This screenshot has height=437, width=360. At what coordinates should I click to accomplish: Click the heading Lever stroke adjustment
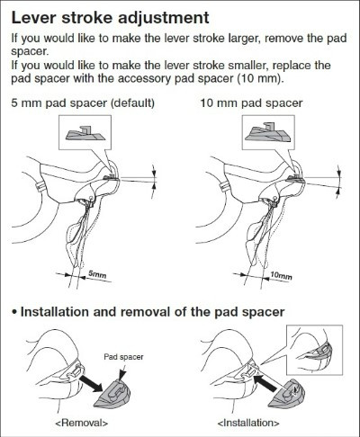pos(110,18)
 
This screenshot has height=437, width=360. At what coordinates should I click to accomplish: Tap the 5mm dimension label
pos(97,274)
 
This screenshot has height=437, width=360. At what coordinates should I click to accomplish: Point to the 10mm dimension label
pos(281,275)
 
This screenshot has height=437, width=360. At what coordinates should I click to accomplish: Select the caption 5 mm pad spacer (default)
pos(83,103)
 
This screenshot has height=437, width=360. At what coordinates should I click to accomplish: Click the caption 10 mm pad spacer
pos(251,103)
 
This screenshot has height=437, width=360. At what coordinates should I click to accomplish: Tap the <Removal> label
pos(82,423)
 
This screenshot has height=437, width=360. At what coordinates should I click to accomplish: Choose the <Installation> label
pos(248,423)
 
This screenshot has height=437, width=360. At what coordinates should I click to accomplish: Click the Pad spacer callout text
pos(123,357)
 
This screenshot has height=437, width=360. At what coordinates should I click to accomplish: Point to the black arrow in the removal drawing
pos(91,383)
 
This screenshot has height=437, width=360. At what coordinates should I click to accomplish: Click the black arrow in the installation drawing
pos(265,382)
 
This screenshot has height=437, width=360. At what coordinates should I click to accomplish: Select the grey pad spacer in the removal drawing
pos(112,393)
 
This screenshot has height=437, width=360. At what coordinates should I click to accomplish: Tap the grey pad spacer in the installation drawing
pos(286,393)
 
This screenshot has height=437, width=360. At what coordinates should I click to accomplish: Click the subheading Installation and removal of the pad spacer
pos(152,312)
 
